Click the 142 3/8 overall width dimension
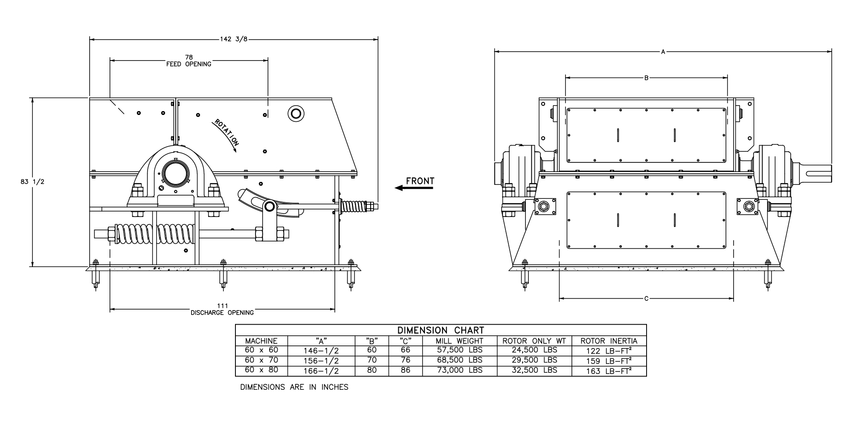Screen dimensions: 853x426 tap(233, 39)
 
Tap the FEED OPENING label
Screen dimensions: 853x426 tap(189, 64)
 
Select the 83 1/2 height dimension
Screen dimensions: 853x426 tap(32, 182)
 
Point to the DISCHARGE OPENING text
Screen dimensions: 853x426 tap(222, 313)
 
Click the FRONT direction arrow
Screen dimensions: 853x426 tap(414, 188)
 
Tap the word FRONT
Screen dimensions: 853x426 tap(420, 181)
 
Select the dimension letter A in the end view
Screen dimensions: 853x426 tap(663, 52)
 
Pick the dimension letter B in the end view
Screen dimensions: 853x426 tap(646, 78)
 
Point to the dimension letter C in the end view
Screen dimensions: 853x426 tap(646, 299)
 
